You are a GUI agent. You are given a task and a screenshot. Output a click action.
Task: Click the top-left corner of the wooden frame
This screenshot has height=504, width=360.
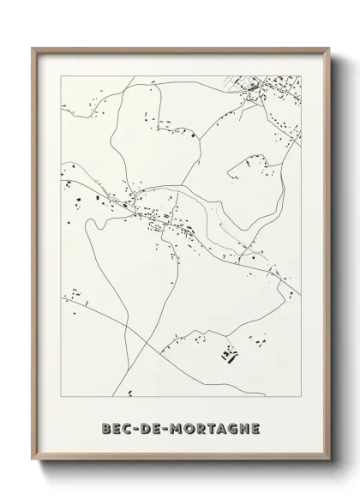[x=33, y=47]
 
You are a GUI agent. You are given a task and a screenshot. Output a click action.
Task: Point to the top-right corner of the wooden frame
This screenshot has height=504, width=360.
[x=328, y=47]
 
